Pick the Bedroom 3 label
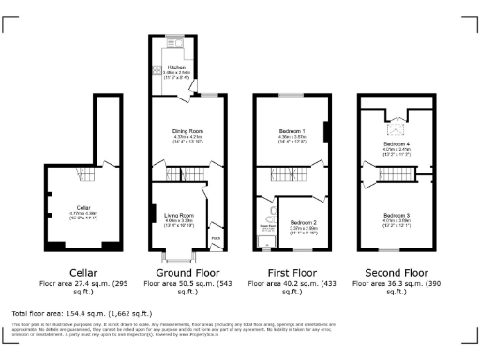pos(396,215)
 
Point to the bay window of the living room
pos(176,254)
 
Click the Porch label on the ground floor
pos(215,237)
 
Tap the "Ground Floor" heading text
pos(178,270)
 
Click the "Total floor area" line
pos(72,313)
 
